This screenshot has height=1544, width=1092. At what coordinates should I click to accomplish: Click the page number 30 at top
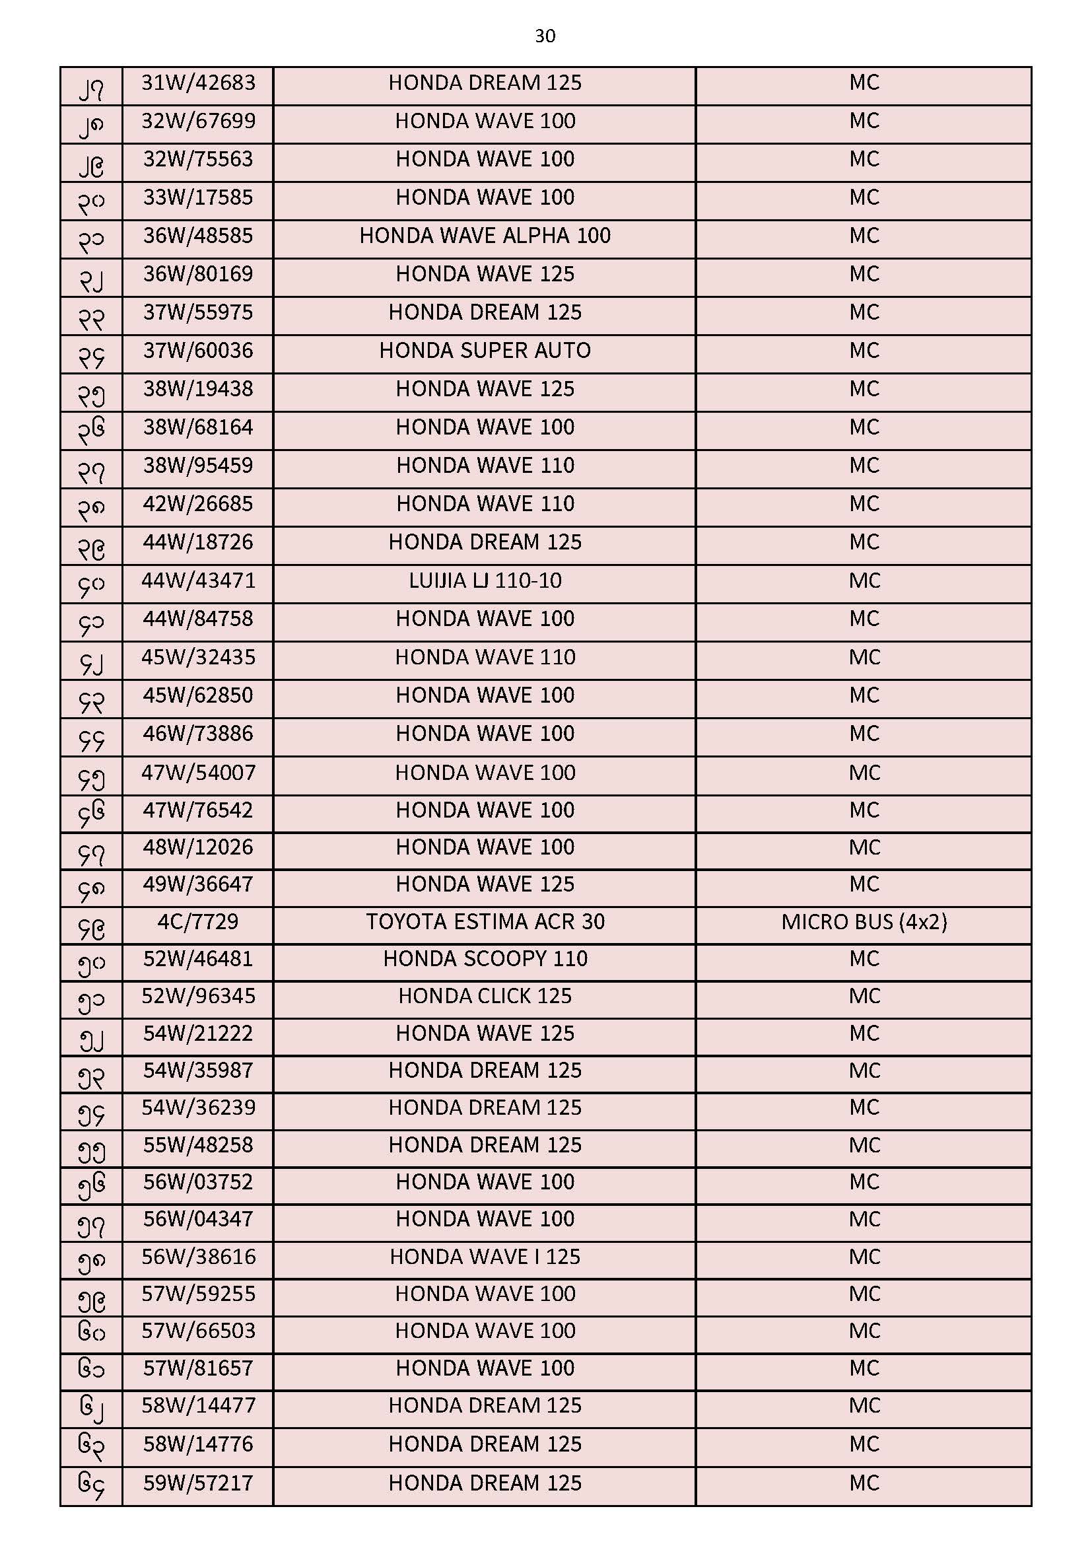coord(545,36)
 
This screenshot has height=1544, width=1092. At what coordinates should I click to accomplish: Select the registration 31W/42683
coord(198,83)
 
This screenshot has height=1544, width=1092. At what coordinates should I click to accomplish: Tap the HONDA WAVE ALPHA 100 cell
coord(485,236)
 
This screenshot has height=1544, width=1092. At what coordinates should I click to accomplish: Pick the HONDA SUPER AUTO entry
coord(485,351)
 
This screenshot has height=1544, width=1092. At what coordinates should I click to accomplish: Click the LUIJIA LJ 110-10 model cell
coord(485,580)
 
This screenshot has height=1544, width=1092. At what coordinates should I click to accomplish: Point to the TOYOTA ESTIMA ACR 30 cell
coord(485,921)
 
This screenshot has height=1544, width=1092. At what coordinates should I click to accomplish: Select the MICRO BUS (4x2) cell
coord(864,921)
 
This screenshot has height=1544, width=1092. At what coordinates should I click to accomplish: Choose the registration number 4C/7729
coord(198,921)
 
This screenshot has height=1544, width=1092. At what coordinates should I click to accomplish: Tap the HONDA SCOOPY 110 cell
coord(485,958)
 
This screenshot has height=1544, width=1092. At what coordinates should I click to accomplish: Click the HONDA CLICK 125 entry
coord(485,996)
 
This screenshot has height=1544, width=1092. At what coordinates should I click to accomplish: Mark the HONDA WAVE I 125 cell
coord(485,1256)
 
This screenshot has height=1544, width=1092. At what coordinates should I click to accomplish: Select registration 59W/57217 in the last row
coord(198,1483)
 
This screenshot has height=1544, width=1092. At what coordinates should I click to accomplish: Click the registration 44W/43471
coord(198,580)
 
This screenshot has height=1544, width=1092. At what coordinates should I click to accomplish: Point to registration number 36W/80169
coord(198,273)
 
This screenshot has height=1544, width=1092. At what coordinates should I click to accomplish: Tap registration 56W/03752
coord(198,1181)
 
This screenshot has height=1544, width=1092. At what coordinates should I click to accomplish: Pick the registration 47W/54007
coord(198,772)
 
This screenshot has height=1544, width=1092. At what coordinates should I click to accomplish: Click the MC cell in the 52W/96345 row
coord(864,996)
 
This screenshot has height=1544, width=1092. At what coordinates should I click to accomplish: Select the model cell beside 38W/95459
coord(485,466)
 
